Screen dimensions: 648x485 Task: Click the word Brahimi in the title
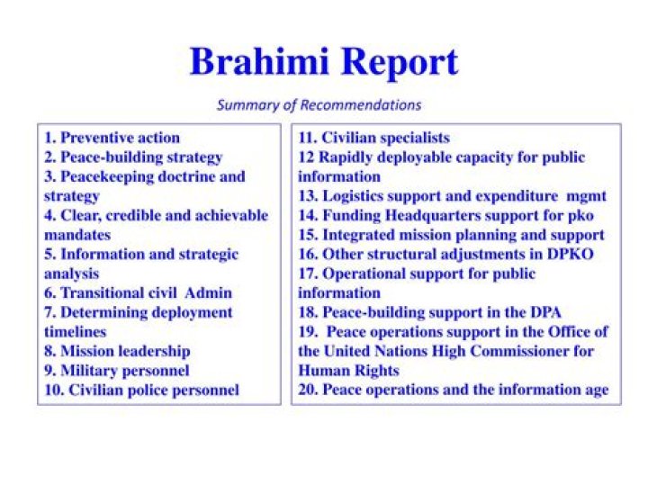coord(259,61)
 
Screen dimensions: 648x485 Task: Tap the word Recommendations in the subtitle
coord(360,105)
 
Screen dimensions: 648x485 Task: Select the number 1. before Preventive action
coord(50,138)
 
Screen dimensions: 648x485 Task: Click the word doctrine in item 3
coord(186,176)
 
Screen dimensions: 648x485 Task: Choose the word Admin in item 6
coord(208,293)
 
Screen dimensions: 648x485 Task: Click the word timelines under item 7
coord(76,332)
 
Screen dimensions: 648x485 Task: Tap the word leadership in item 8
coord(154,351)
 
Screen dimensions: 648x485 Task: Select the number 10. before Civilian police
coord(54,390)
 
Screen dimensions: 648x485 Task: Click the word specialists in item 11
coord(415,138)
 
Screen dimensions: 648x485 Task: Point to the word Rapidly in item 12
coord(344,157)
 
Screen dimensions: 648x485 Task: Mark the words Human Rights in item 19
coord(349,371)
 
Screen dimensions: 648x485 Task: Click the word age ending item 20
coord(597,391)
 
